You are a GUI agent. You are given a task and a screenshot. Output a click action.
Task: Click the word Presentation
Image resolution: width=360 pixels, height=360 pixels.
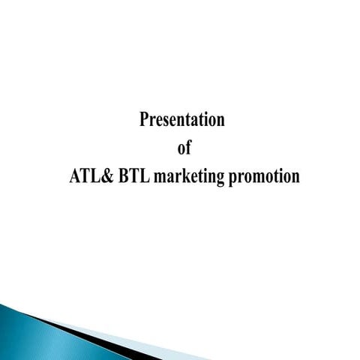click(x=182, y=120)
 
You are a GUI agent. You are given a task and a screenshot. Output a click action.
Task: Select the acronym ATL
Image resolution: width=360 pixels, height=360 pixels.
click(x=78, y=176)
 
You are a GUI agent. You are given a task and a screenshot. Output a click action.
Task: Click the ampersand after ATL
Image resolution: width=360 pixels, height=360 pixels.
click(x=97, y=176)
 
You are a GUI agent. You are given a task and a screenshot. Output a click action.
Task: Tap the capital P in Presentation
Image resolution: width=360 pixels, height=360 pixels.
click(x=145, y=119)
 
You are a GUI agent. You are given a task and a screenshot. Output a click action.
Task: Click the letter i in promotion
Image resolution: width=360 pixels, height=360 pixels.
click(x=280, y=176)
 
